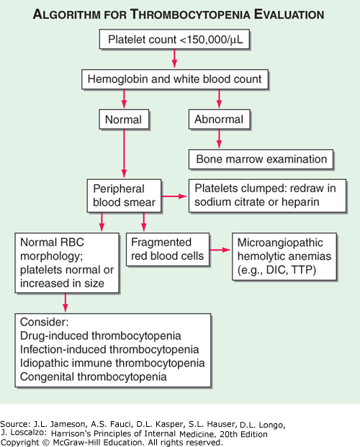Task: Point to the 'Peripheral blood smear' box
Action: coord(124,195)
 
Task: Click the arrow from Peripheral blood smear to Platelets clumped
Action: coord(174,195)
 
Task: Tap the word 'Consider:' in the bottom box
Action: coord(45,322)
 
